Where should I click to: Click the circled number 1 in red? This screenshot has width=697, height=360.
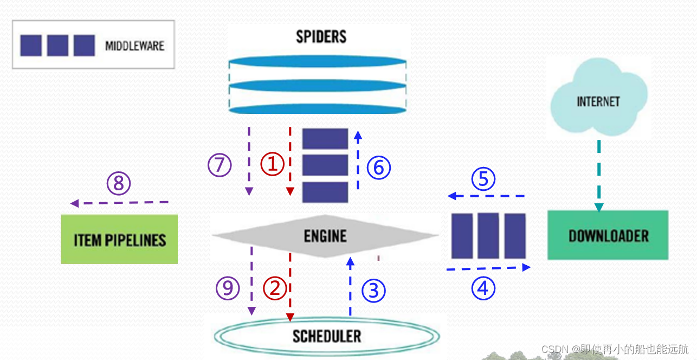click(x=273, y=164)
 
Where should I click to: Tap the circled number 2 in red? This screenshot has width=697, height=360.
click(x=275, y=288)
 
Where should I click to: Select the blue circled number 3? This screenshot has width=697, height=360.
click(x=373, y=291)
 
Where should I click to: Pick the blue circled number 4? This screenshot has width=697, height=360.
click(x=483, y=288)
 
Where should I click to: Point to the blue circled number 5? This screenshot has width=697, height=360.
click(x=483, y=179)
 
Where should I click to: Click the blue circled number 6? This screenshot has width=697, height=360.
click(x=378, y=168)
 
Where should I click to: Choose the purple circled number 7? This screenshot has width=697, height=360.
click(x=220, y=165)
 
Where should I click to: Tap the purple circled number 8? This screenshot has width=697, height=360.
click(x=119, y=184)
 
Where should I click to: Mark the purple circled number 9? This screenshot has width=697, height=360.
click(x=228, y=288)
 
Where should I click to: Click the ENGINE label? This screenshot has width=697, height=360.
click(x=325, y=236)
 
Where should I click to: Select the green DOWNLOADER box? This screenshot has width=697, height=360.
click(x=608, y=235)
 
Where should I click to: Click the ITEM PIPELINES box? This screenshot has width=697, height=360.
click(x=119, y=240)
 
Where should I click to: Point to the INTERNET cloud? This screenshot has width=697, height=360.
click(x=598, y=101)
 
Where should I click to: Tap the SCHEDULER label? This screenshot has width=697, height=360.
click(x=326, y=336)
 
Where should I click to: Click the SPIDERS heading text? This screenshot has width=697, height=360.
click(x=321, y=37)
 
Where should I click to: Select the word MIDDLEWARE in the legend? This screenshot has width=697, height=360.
click(x=134, y=46)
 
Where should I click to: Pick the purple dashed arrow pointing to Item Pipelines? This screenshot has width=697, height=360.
click(x=119, y=203)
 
